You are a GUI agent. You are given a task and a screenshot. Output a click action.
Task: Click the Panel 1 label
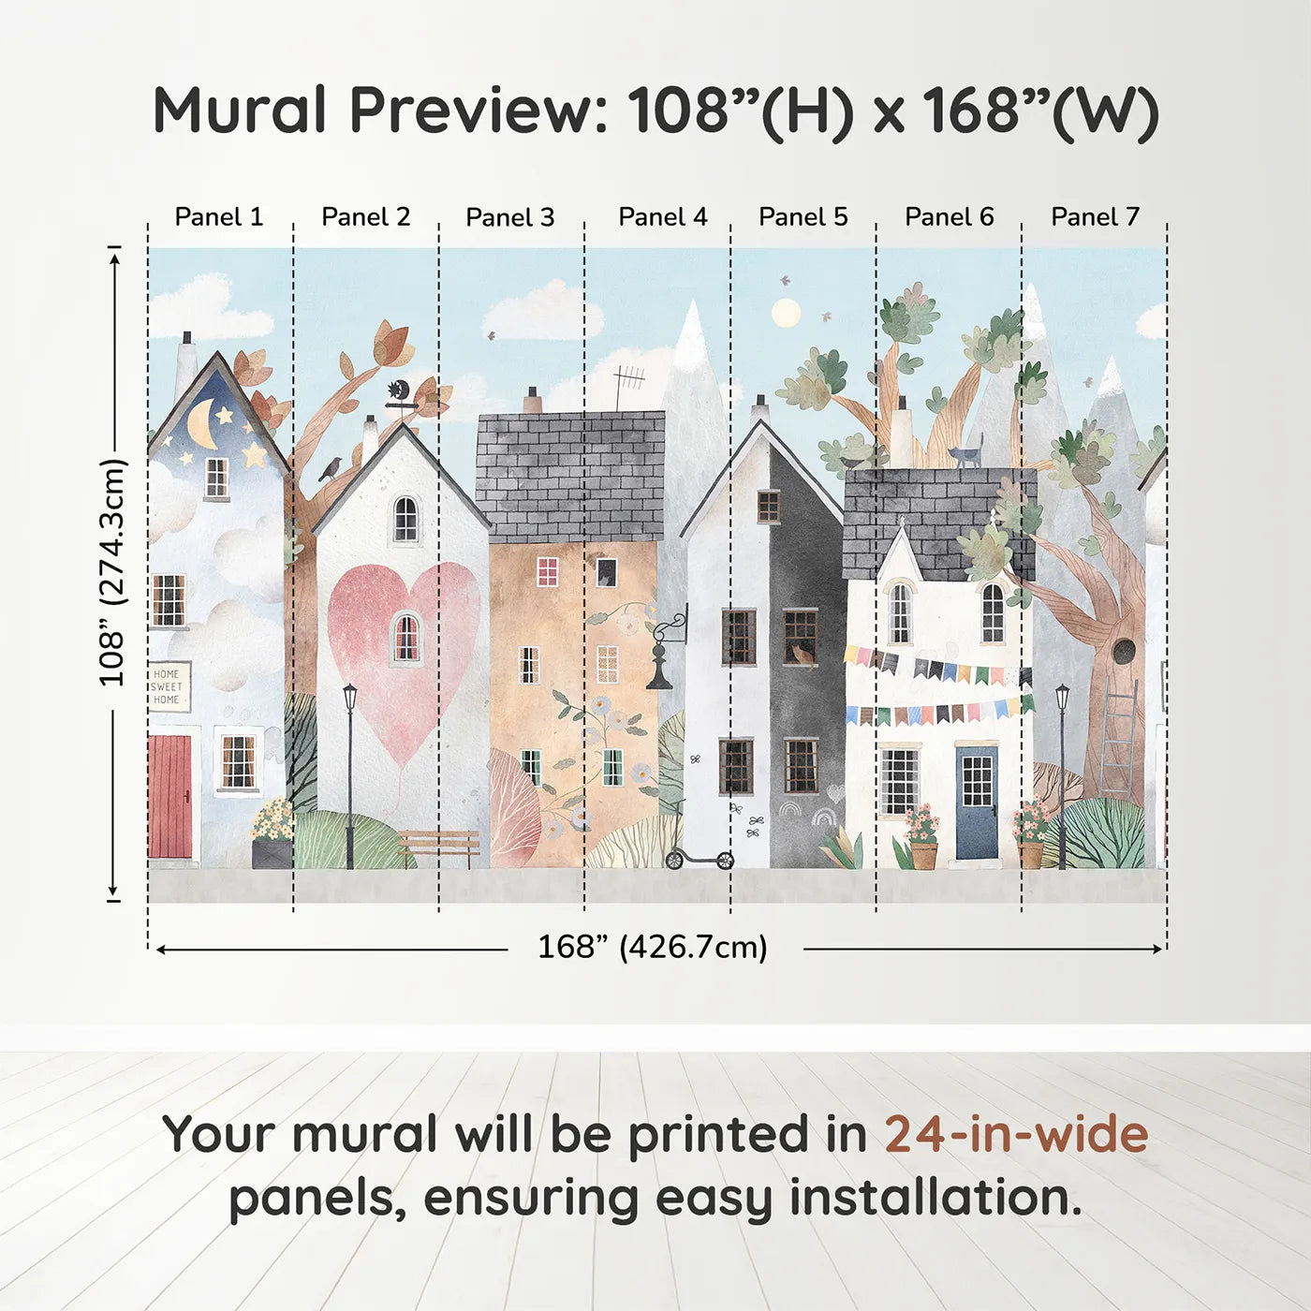pos(218,216)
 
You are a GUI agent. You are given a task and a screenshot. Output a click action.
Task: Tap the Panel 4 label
pos(663,216)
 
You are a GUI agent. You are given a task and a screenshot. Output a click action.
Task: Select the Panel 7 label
pos(1095,216)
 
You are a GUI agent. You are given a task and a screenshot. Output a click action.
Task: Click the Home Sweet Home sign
pos(168,686)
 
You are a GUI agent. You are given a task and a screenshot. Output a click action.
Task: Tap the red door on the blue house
pos(170,797)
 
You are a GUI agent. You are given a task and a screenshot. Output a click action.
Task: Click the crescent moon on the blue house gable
pos(203,424)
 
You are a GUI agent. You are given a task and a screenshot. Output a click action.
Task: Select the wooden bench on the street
pos(439,847)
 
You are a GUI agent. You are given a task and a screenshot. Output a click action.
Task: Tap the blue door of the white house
pos(977,803)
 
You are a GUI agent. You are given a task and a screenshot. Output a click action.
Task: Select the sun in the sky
pos(787,312)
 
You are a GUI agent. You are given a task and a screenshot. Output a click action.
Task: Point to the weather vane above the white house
pos(400,397)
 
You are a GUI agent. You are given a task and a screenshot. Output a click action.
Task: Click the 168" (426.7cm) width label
pos(653,947)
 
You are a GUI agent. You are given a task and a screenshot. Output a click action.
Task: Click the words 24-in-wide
pos(1016,1133)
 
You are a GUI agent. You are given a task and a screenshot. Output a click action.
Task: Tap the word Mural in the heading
pos(240,110)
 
